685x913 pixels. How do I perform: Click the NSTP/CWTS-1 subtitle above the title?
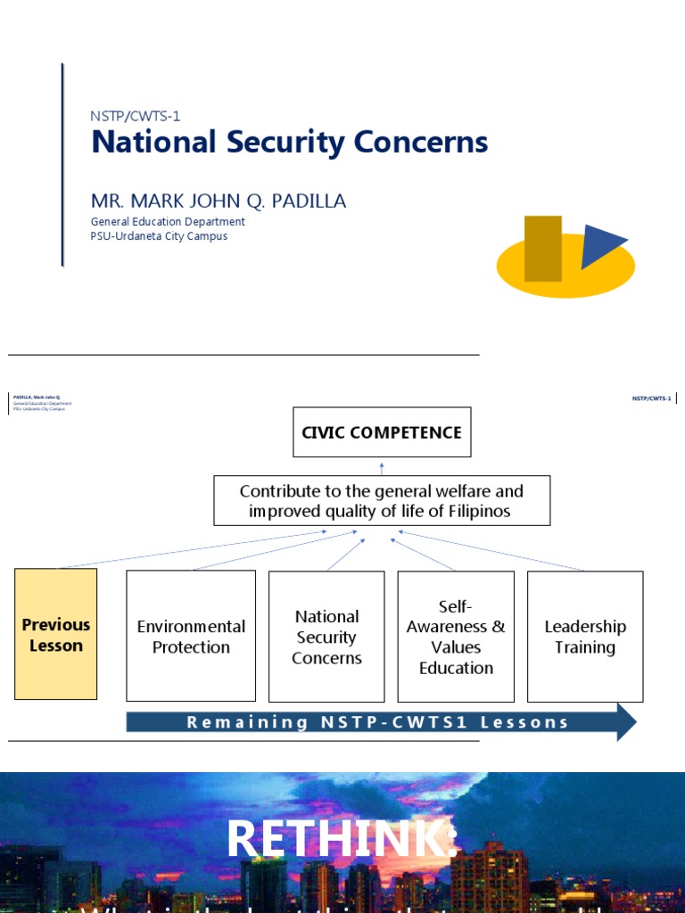point(136,115)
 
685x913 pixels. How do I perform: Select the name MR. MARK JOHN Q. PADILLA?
point(219,202)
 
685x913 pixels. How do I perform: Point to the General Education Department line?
point(168,222)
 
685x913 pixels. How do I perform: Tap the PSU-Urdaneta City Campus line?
point(159,236)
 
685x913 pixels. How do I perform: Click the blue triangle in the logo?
point(601,244)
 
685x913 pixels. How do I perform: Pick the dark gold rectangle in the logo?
point(543,248)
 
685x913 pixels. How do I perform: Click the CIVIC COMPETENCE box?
point(382,432)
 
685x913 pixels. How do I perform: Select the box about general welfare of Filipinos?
point(382,501)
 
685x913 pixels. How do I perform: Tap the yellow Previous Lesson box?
point(56,634)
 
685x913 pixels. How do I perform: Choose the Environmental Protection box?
point(191,636)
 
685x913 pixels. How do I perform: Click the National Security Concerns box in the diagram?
point(326,636)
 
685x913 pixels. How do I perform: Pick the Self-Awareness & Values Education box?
point(456,636)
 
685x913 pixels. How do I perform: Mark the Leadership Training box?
point(585,636)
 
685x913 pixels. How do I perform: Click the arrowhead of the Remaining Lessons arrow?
point(626,722)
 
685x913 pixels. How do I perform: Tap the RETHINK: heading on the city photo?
point(342,840)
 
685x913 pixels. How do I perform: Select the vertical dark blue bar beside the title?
point(62,165)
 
